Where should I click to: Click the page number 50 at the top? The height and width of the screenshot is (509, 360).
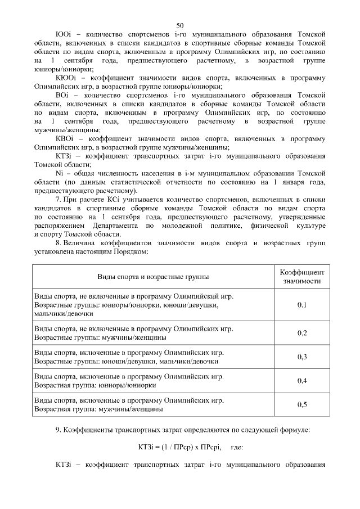pyautogui.click(x=180, y=25)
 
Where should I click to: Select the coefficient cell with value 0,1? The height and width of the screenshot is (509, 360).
pyautogui.click(x=301, y=305)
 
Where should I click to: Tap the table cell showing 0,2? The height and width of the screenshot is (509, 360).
pyautogui.click(x=301, y=333)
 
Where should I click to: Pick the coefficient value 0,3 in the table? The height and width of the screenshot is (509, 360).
pyautogui.click(x=301, y=357)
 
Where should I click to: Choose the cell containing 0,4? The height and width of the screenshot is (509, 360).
pyautogui.click(x=301, y=381)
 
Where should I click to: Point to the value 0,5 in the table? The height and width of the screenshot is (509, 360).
pyautogui.click(x=301, y=404)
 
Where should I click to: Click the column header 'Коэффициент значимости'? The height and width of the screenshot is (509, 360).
pyautogui.click(x=302, y=276)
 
